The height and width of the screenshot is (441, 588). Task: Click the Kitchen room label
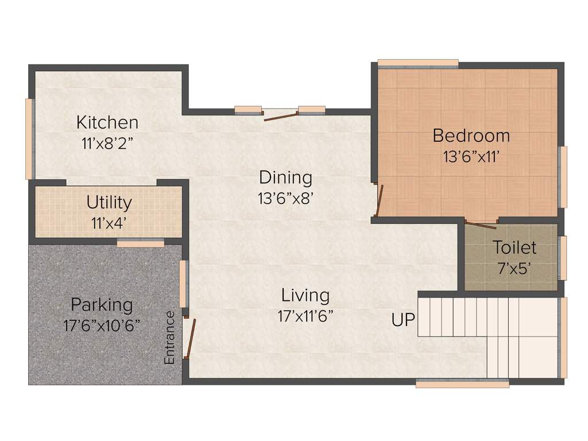[107, 122]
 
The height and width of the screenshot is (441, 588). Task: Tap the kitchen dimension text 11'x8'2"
[107, 143]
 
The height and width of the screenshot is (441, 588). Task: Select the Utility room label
[109, 202]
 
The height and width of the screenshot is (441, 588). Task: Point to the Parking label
[101, 304]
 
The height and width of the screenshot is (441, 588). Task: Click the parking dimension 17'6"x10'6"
[102, 325]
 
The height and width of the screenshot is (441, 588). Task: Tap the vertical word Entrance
[169, 337]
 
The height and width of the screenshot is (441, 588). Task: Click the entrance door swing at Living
[191, 339]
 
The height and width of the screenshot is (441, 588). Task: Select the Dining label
[285, 177]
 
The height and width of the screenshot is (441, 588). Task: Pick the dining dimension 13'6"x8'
[285, 198]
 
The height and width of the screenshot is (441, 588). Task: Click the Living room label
[305, 295]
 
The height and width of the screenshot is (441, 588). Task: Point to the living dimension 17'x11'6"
[305, 316]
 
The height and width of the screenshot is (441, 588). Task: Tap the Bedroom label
[471, 136]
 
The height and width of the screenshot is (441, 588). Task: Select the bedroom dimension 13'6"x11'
[471, 156]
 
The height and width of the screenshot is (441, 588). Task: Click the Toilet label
[514, 247]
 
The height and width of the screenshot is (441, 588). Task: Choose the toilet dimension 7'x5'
[514, 268]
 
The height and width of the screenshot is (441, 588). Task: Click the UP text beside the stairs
[403, 320]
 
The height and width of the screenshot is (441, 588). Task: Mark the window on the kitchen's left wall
[29, 138]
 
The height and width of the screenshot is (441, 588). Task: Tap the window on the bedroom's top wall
[417, 63]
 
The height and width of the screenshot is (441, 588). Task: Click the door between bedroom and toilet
[481, 223]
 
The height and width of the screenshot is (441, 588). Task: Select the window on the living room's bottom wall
[462, 384]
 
